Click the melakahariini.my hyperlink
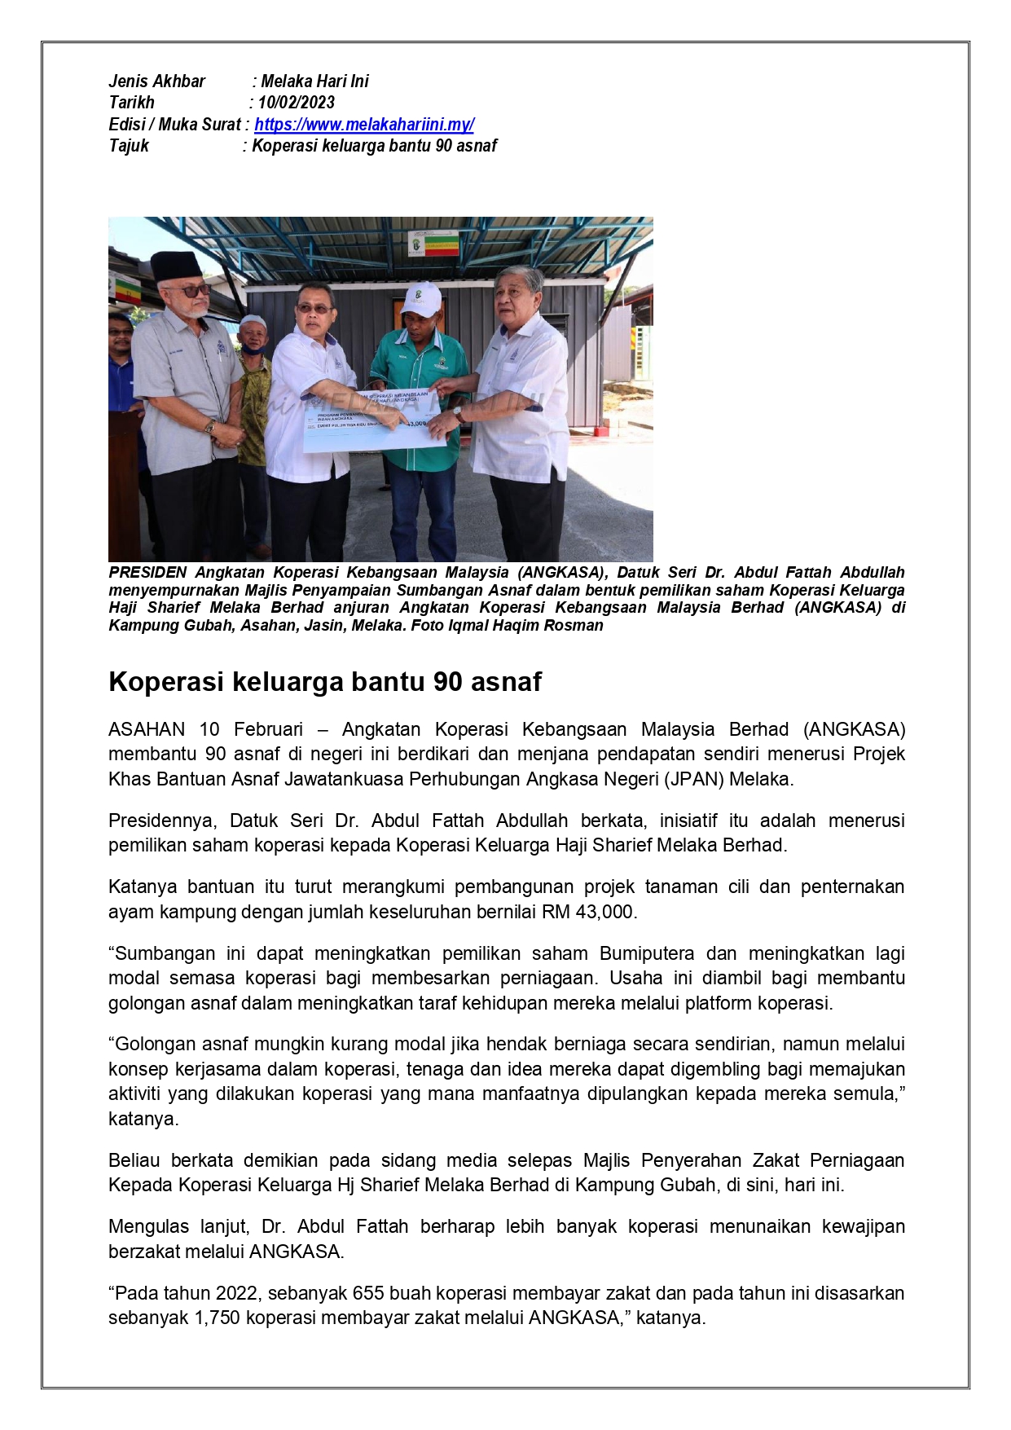pyautogui.click(x=364, y=125)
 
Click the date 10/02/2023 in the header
pyautogui.click(x=297, y=103)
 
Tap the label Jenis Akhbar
pyautogui.click(x=157, y=81)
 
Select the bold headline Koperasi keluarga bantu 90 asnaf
pyautogui.click(x=325, y=681)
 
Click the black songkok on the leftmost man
pyautogui.click(x=176, y=265)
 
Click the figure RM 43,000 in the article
pyautogui.click(x=587, y=912)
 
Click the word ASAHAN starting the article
pyautogui.click(x=147, y=729)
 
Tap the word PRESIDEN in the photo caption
pyautogui.click(x=147, y=573)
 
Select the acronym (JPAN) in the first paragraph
pyautogui.click(x=692, y=779)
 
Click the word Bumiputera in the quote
pyautogui.click(x=647, y=953)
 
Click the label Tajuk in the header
pyautogui.click(x=129, y=146)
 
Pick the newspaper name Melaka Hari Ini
pyautogui.click(x=314, y=81)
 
